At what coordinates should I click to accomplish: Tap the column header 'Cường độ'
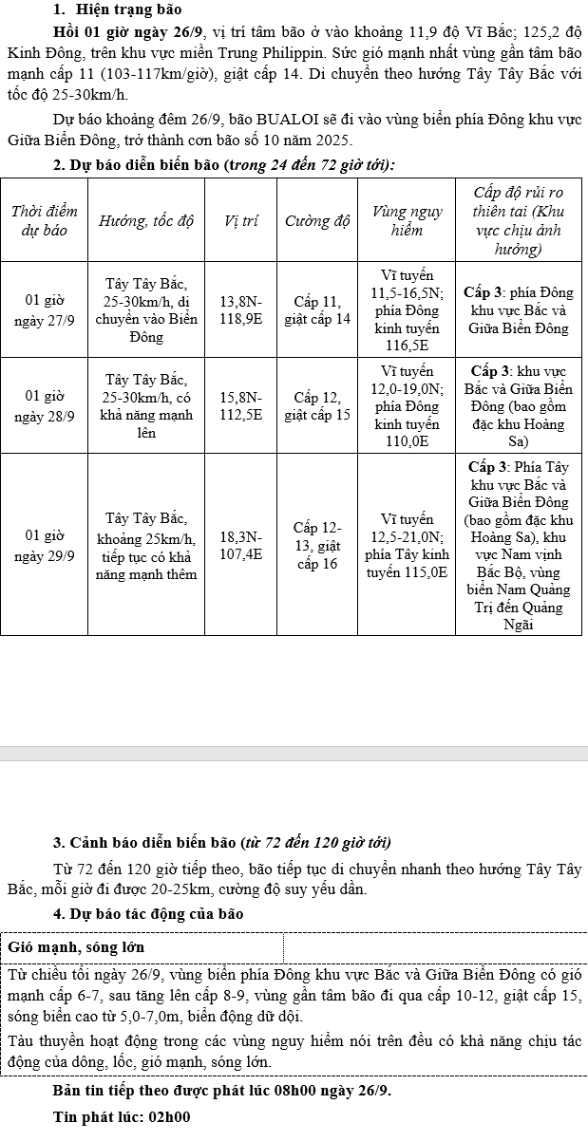(317, 220)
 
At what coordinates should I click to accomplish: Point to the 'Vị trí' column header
(240, 220)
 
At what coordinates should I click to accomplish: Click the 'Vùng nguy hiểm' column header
(407, 220)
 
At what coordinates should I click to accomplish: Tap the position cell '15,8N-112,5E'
(240, 404)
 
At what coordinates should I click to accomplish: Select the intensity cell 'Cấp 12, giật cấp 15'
(317, 404)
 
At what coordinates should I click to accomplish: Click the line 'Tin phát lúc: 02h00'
(123, 1116)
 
